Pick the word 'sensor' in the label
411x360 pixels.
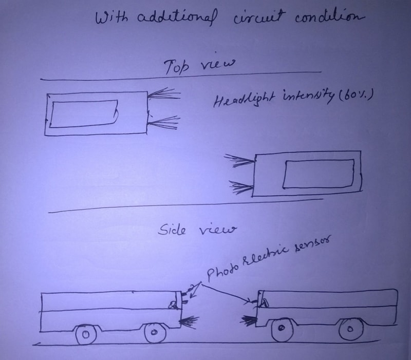click(x=311, y=247)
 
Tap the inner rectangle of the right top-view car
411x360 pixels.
click(x=319, y=174)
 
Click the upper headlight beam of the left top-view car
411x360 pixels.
click(x=163, y=94)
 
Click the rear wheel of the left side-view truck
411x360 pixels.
click(x=86, y=335)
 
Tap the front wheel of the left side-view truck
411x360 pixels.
click(x=155, y=333)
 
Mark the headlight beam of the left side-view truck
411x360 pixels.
click(x=190, y=322)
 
